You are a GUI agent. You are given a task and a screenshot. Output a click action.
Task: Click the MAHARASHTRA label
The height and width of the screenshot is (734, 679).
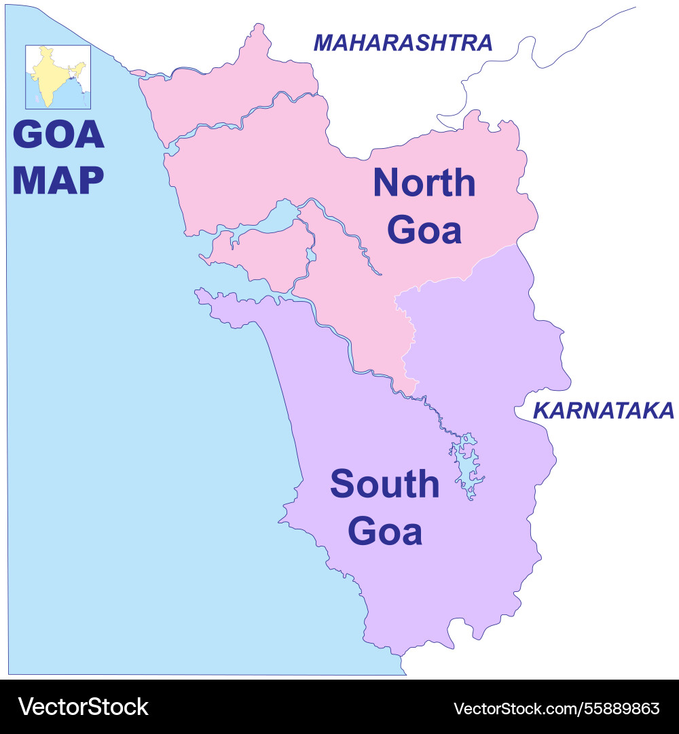click(403, 43)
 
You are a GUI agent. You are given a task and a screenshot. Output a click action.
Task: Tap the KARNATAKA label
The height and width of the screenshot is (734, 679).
click(603, 410)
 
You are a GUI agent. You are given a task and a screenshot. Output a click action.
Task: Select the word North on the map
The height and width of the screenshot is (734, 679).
click(424, 183)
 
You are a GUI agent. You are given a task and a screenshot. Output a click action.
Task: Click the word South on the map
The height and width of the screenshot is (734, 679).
click(384, 484)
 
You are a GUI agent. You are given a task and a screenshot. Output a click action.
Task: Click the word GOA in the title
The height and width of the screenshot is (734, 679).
click(58, 135)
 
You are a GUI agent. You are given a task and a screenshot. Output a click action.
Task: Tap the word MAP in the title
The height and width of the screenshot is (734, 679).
click(58, 180)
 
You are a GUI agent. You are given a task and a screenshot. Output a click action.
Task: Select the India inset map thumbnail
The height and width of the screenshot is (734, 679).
click(58, 77)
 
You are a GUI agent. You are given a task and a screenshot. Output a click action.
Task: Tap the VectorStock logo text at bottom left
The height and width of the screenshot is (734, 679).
click(83, 707)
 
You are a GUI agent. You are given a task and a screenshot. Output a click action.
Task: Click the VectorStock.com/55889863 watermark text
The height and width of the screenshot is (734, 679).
click(556, 708)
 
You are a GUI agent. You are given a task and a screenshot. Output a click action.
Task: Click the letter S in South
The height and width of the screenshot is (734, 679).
click(343, 484)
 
